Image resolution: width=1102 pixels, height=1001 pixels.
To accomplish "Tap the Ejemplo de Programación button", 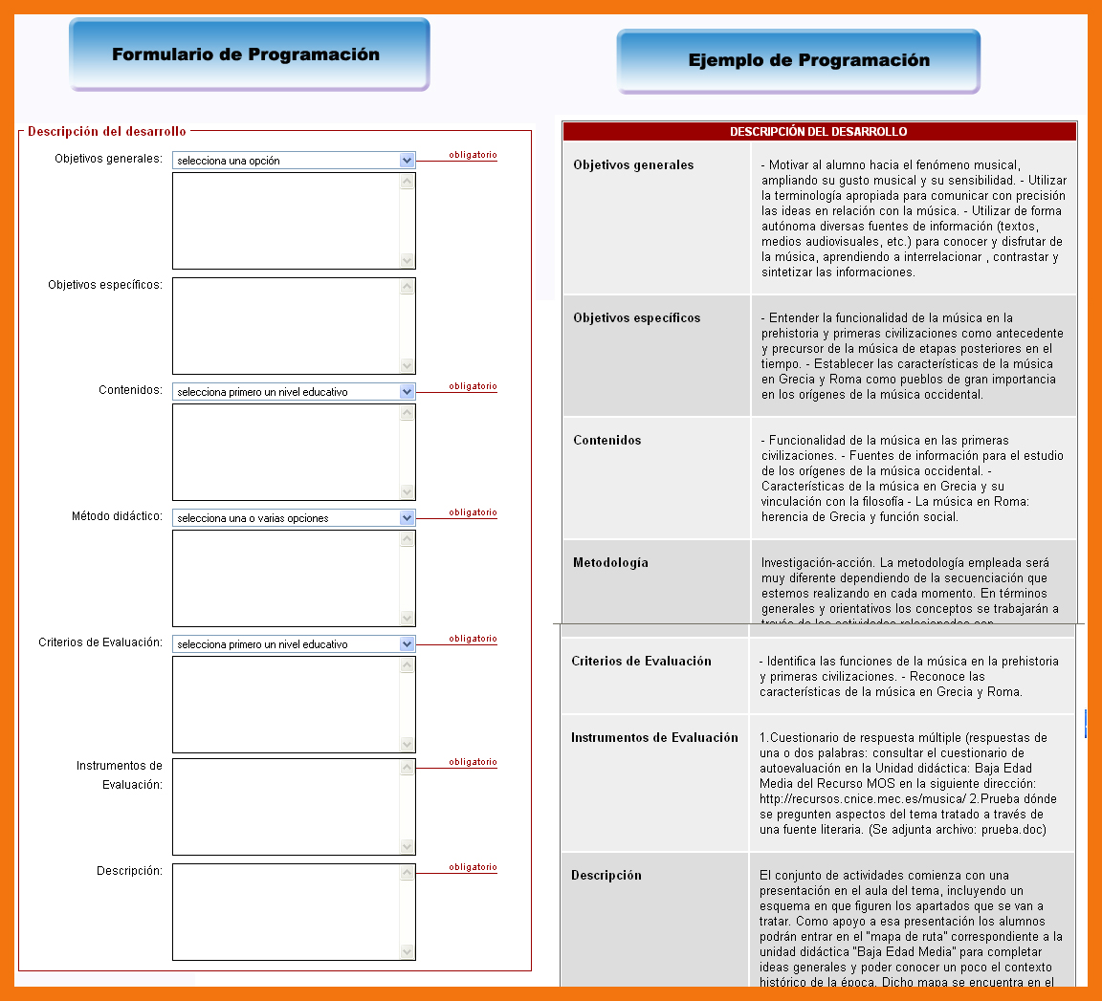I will [x=799, y=61].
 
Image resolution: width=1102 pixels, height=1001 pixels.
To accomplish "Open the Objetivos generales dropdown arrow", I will [x=407, y=161].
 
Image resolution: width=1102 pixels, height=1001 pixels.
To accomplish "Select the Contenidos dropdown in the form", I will [x=293, y=392].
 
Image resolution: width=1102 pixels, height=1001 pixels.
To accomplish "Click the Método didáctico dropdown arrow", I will [x=407, y=518].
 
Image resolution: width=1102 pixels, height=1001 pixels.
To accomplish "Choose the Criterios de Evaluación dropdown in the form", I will [x=293, y=644].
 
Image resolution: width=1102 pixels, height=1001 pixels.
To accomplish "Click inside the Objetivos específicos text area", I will [x=286, y=326].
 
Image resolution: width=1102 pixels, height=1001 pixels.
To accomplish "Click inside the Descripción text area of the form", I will [x=286, y=912].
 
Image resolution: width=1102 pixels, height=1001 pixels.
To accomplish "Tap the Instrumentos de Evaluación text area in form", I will [x=286, y=807].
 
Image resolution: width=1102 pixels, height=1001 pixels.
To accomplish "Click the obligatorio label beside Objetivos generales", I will [x=473, y=155].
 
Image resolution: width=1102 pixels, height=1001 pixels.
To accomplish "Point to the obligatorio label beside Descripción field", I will [x=473, y=868].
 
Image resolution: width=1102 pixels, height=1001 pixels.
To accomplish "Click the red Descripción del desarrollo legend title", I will [x=107, y=132].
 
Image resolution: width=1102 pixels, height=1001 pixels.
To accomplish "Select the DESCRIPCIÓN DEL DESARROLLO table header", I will [x=819, y=132].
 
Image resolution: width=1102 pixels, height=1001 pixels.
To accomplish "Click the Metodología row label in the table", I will [x=610, y=563].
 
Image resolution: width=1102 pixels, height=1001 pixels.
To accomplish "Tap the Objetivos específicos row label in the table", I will [x=636, y=318].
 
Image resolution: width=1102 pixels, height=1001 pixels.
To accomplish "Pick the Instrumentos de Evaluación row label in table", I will [x=654, y=738].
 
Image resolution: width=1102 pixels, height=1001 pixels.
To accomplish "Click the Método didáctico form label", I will [x=117, y=517].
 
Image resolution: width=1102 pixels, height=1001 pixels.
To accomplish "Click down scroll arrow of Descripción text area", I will [x=408, y=951].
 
